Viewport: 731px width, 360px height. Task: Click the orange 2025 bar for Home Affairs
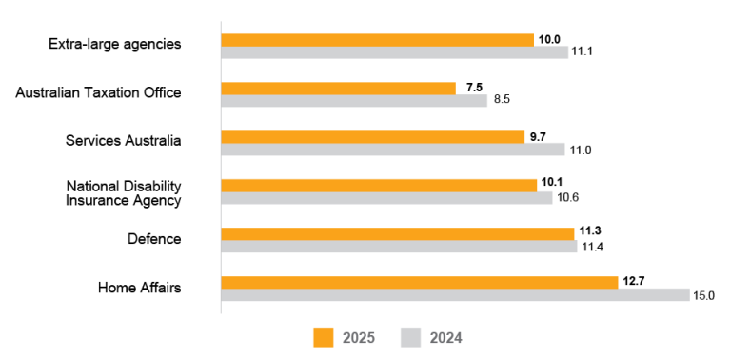pyautogui.click(x=419, y=282)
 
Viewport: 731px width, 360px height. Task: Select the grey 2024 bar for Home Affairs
pyautogui.click(x=455, y=295)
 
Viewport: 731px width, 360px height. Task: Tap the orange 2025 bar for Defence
pyautogui.click(x=397, y=233)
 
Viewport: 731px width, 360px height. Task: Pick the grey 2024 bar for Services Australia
pyautogui.click(x=392, y=150)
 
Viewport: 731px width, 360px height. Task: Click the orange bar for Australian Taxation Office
pyautogui.click(x=338, y=88)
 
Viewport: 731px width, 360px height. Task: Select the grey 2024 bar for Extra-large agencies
pyautogui.click(x=394, y=52)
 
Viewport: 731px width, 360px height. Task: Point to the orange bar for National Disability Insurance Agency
pyautogui.click(x=378, y=185)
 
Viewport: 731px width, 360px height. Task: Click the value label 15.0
pyautogui.click(x=703, y=295)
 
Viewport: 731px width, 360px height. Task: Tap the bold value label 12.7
pyautogui.click(x=635, y=281)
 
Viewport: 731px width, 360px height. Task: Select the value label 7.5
pyautogui.click(x=474, y=88)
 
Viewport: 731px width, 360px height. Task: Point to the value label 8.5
pyautogui.click(x=502, y=100)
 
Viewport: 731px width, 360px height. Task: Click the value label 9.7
pyautogui.click(x=538, y=136)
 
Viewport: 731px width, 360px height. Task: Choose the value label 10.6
pyautogui.click(x=568, y=197)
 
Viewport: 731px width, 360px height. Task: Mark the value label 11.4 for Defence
pyautogui.click(x=592, y=247)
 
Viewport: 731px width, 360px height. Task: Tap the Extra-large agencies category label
pyautogui.click(x=114, y=44)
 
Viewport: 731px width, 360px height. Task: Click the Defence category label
pyautogui.click(x=154, y=239)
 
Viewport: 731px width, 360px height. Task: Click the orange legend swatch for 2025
pyautogui.click(x=324, y=337)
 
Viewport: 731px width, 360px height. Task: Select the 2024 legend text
pyautogui.click(x=445, y=338)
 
